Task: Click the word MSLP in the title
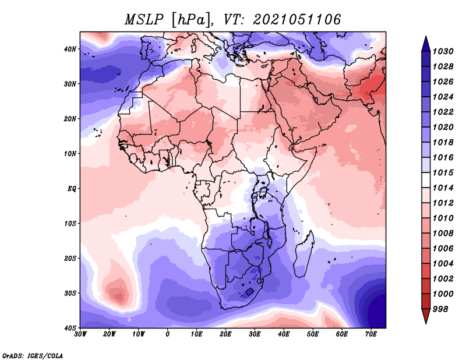[144, 20]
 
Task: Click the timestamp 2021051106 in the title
[296, 20]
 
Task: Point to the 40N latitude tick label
[70, 49]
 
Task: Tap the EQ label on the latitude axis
[72, 189]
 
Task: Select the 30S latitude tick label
[70, 293]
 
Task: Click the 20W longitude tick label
[110, 334]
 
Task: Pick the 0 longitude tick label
[168, 334]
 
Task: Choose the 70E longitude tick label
[371, 334]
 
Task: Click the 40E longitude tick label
[284, 334]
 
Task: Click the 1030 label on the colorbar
[443, 51]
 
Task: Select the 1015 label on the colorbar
[443, 172]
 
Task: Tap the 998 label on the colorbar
[440, 309]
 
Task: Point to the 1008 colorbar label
[443, 234]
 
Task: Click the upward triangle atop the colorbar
[426, 44]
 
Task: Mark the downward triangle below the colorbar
[426, 316]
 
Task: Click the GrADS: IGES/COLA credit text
[33, 355]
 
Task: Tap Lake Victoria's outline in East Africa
[263, 193]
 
